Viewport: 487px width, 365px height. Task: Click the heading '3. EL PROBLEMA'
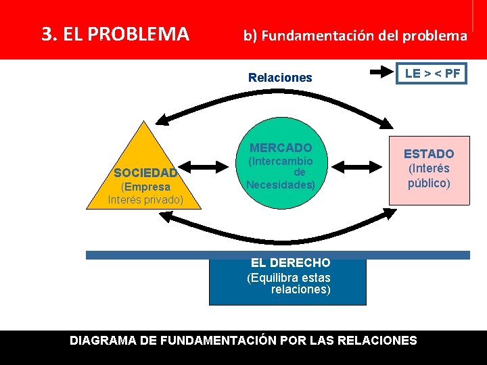coord(116,34)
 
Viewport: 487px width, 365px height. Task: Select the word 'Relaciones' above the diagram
coord(280,78)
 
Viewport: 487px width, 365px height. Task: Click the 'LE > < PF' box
coord(432,74)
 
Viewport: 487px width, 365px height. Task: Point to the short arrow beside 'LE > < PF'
coord(382,70)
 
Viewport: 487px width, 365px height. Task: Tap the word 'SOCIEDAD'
coord(145,173)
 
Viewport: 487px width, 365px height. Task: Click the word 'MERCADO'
coord(281,148)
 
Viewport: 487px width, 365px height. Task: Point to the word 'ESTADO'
coord(429,154)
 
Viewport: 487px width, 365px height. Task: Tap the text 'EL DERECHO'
coord(290,263)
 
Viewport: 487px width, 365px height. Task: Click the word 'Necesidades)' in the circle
coord(281,185)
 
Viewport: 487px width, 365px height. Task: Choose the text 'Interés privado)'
coord(145,199)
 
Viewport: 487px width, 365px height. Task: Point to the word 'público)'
coord(429,182)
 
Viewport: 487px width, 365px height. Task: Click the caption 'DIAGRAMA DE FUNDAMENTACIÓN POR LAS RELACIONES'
coord(243,341)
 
